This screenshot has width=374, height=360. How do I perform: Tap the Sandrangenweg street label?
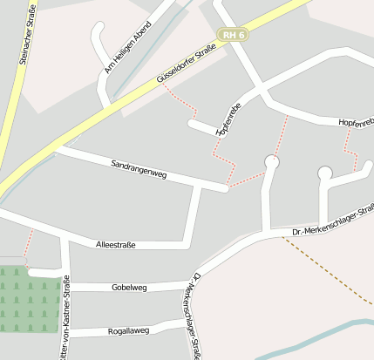point(139,170)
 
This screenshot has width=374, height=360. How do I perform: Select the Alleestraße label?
point(115,246)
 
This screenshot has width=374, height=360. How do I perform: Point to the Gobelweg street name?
point(131,287)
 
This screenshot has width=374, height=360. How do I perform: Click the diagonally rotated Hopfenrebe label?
point(227,120)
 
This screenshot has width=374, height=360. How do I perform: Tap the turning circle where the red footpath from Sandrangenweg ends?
point(272,161)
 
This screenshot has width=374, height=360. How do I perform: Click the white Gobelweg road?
point(96,287)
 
